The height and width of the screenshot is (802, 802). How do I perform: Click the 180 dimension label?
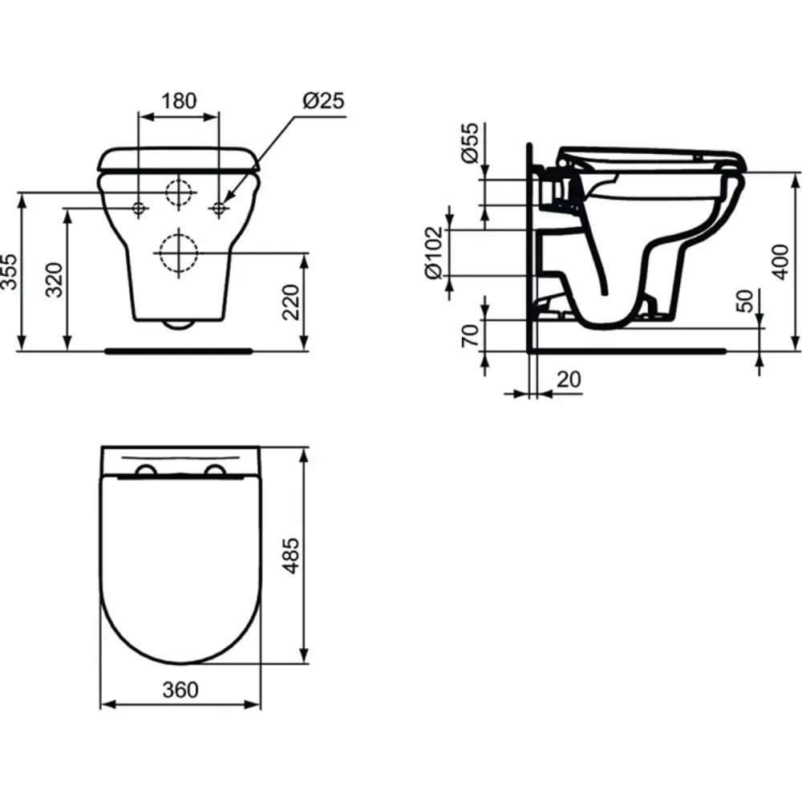[x=179, y=101]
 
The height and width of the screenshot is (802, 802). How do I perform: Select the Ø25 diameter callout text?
[x=323, y=101]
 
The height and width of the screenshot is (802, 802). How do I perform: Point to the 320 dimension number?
[x=55, y=280]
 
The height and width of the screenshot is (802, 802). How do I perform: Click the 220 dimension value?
[x=292, y=302]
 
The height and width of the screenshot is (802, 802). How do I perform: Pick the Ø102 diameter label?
[x=434, y=252]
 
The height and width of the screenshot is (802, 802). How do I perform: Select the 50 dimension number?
[x=747, y=302]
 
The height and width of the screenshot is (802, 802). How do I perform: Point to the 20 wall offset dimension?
[x=569, y=379]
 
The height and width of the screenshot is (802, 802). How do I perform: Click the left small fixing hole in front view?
[x=139, y=209]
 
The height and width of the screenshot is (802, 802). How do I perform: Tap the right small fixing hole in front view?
[x=218, y=209]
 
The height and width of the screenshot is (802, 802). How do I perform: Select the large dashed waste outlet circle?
[x=178, y=253]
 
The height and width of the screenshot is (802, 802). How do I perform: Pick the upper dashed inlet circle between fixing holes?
[x=179, y=192]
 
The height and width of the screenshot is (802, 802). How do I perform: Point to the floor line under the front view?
[x=179, y=350]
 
